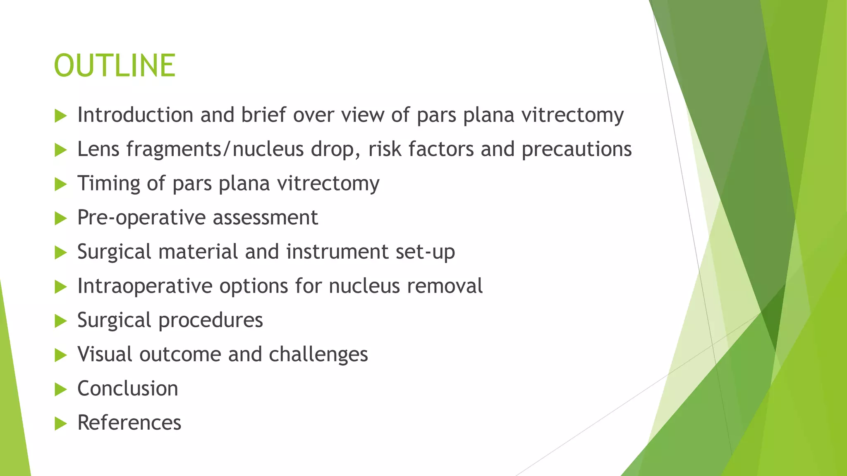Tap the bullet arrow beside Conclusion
coord(60,389)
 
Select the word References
coord(129,423)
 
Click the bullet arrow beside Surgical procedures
coord(60,321)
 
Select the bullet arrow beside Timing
coord(60,184)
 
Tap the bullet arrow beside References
coord(60,424)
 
